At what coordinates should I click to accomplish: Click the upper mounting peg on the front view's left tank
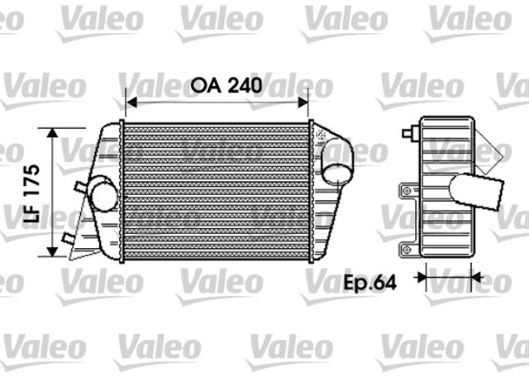(77, 186)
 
